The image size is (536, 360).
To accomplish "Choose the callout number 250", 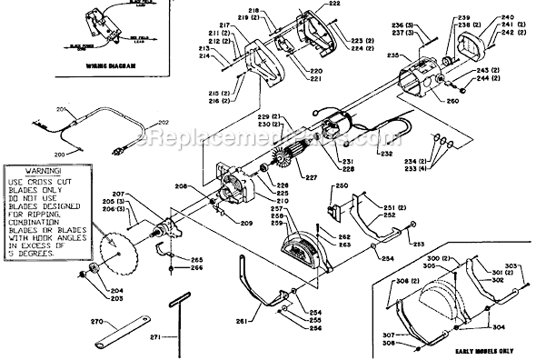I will point(342,186).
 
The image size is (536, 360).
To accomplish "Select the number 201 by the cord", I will point(63,110).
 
